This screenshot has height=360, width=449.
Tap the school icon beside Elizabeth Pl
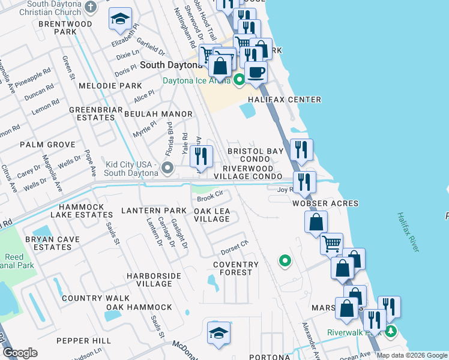(x=121, y=20)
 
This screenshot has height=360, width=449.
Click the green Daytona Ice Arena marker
(x=239, y=79)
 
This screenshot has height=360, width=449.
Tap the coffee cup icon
(x=256, y=72)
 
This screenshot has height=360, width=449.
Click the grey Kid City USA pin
(x=167, y=167)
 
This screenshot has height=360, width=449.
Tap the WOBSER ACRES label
(x=325, y=203)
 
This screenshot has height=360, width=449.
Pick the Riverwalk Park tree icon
(x=391, y=331)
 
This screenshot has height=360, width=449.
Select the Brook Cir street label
(x=210, y=196)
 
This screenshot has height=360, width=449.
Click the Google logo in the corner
(x=20, y=353)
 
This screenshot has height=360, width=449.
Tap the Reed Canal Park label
(x=14, y=261)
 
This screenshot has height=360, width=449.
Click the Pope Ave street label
(x=90, y=163)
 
